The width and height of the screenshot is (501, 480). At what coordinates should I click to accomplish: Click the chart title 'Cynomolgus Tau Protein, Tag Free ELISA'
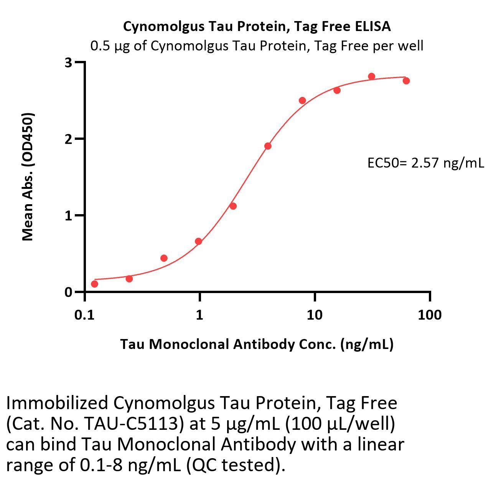click(257, 26)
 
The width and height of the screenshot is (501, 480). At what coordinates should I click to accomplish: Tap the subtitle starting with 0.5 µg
click(257, 46)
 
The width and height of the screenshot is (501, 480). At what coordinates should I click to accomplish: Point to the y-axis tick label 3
click(68, 62)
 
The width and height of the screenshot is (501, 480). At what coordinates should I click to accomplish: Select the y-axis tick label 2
click(68, 139)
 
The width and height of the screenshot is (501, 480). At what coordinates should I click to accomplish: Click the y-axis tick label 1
click(68, 216)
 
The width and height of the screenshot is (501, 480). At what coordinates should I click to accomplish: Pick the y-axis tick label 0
click(68, 292)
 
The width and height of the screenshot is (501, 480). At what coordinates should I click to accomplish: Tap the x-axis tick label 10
click(314, 315)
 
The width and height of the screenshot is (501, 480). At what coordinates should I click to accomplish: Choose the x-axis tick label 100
click(429, 315)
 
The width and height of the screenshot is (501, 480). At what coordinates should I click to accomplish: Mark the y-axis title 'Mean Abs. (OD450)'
click(28, 177)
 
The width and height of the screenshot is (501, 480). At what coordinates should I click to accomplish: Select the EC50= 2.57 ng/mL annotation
click(425, 163)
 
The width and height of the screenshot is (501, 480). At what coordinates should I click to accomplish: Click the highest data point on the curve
click(371, 77)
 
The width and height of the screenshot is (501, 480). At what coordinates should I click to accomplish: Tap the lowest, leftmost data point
click(94, 284)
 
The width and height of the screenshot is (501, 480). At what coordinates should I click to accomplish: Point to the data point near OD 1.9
click(268, 146)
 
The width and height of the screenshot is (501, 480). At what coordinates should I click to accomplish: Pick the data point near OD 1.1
click(233, 206)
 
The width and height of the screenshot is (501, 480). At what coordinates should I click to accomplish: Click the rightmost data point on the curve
click(406, 81)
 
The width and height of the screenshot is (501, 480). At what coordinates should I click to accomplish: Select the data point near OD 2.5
click(302, 101)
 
